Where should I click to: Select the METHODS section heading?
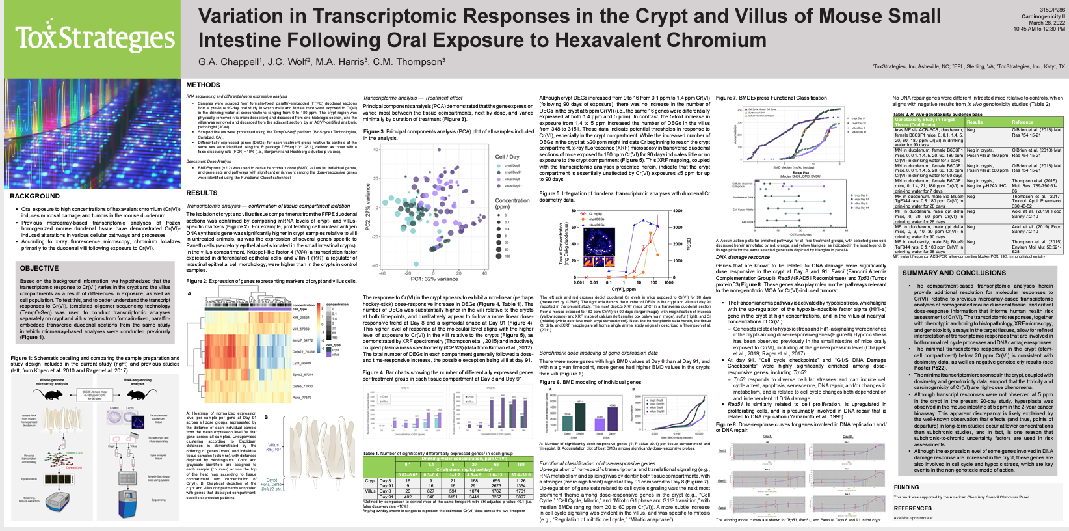point(203,85)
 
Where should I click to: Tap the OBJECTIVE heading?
point(39,268)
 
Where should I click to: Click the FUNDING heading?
point(906,487)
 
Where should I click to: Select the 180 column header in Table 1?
point(520,464)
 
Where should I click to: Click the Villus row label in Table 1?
point(369,491)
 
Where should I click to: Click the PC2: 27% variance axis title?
point(368,207)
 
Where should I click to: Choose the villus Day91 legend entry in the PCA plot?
point(512,185)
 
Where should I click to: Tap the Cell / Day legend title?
point(507,156)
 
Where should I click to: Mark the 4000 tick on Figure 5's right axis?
point(677,211)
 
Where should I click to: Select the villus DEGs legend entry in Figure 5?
point(597,225)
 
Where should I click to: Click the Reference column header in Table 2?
point(1022,122)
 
